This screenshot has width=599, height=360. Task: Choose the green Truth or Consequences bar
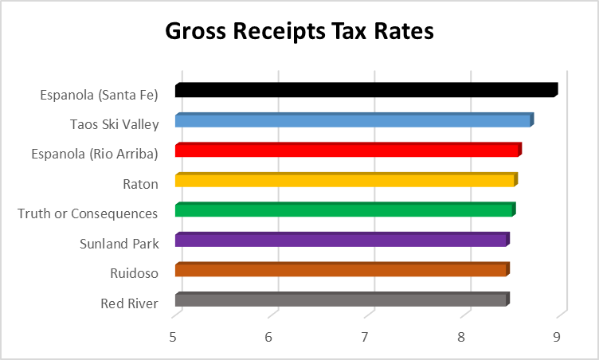point(344,210)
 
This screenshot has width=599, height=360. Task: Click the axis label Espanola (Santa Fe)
point(100,95)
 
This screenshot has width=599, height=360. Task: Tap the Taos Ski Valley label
point(114,124)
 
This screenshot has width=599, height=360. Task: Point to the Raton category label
point(140,184)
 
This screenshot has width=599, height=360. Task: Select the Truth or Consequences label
point(88,213)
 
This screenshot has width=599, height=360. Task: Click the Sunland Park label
point(119,244)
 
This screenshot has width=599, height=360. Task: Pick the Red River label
point(130,303)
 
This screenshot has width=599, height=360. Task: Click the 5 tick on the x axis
point(174,338)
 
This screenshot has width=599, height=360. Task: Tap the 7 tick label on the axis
point(365,338)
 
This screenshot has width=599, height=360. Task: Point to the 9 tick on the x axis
point(557,338)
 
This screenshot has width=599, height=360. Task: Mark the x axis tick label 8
point(461,338)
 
